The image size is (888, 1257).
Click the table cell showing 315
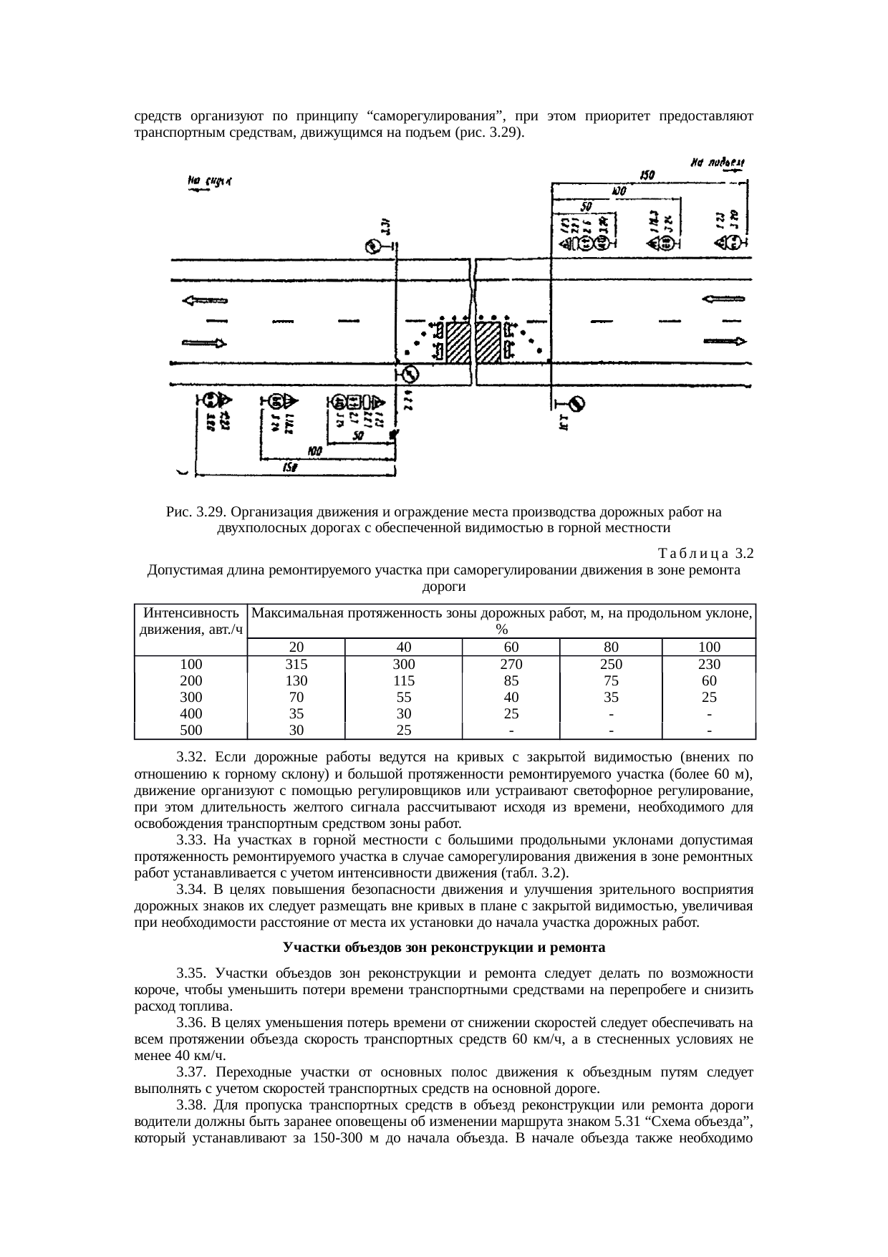point(296,664)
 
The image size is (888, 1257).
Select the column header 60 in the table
point(511,647)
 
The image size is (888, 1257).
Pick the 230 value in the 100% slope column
point(708,664)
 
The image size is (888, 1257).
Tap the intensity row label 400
point(191,713)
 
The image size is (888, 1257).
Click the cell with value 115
point(403,680)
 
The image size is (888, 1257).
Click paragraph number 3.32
point(191,756)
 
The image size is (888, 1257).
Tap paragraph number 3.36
point(191,1020)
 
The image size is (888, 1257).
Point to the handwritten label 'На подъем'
point(718,164)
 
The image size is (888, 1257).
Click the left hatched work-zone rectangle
point(458,342)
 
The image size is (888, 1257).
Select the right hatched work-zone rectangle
point(488,342)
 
